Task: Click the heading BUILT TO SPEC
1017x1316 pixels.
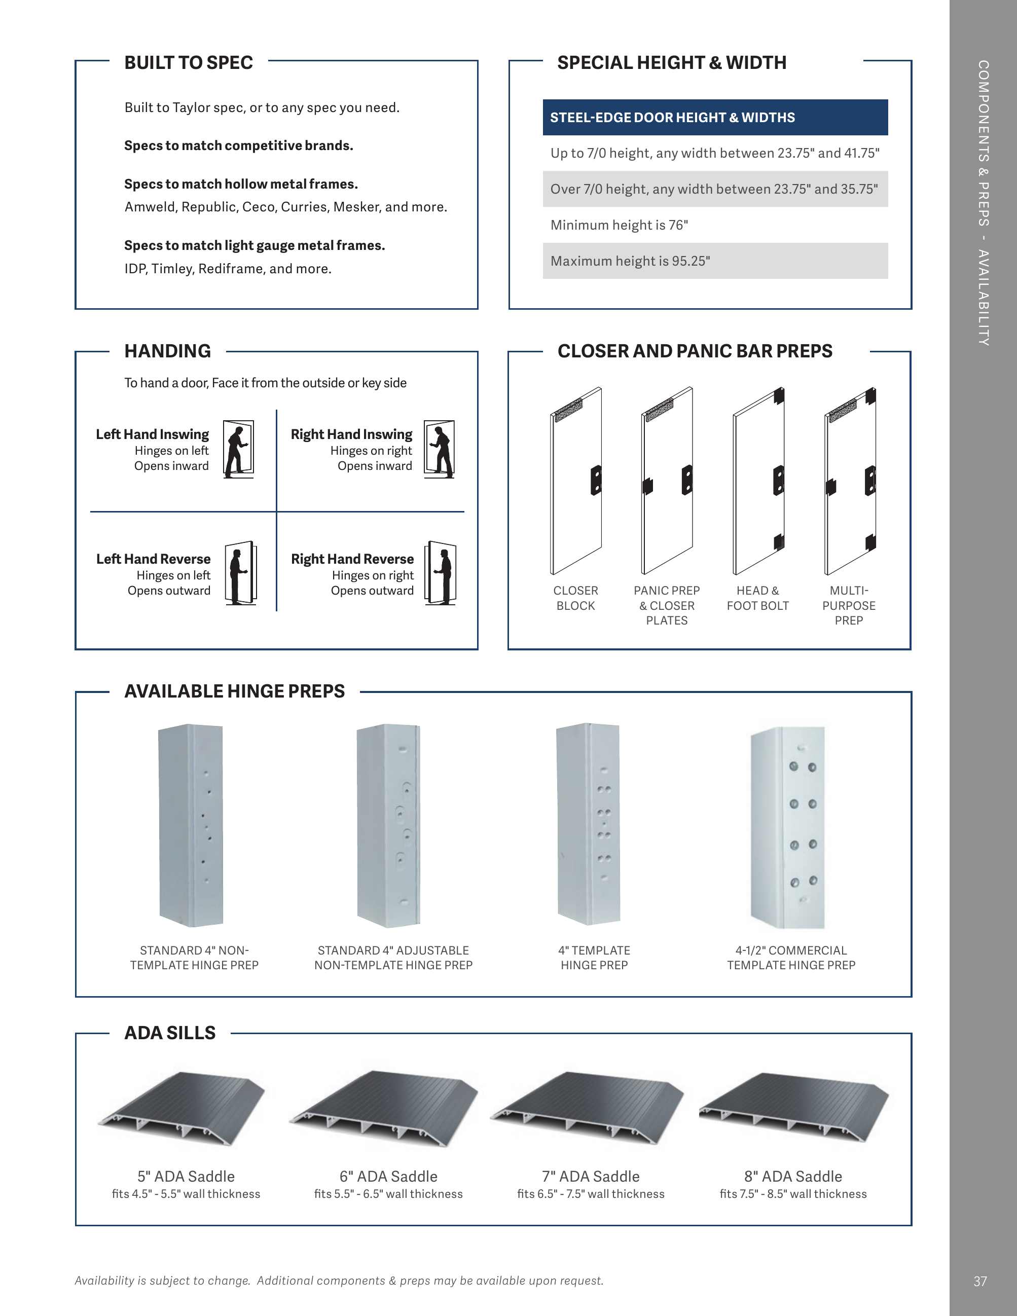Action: [x=188, y=63]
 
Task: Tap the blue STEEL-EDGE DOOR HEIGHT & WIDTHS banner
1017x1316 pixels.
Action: [x=714, y=118]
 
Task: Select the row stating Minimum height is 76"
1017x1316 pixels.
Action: [x=714, y=225]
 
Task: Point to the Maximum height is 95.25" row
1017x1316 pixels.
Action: [x=714, y=261]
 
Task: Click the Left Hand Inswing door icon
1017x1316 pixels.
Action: [x=239, y=449]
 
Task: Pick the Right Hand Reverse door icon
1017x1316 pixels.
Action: [x=441, y=573]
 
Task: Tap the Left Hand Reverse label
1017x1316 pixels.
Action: [x=154, y=559]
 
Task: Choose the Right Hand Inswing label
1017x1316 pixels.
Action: [x=351, y=434]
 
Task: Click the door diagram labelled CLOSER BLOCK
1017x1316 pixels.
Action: [x=576, y=481]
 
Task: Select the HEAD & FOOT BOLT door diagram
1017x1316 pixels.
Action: [x=758, y=481]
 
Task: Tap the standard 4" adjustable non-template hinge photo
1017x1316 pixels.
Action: [x=389, y=825]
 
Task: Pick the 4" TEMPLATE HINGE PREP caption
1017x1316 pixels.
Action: [x=594, y=958]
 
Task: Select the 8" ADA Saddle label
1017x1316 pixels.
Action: [x=793, y=1176]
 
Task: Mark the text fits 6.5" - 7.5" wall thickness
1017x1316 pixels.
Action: [x=591, y=1194]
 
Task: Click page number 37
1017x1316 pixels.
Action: [x=980, y=1281]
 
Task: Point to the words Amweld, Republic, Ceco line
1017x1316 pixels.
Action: [x=285, y=207]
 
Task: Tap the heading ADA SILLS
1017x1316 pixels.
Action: [x=170, y=1033]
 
